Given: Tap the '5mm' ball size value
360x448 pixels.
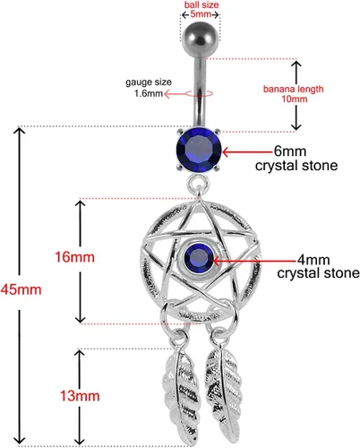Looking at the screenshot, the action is click(201, 14).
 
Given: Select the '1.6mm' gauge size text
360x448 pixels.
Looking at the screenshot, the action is click(149, 93).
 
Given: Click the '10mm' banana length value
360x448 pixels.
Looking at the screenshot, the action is click(295, 99).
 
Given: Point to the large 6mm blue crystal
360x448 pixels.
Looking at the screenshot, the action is click(199, 151).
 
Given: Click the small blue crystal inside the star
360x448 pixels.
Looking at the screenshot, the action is click(199, 258).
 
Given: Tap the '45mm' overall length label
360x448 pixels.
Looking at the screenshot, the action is click(21, 289).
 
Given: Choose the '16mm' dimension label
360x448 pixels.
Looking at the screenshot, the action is click(74, 257).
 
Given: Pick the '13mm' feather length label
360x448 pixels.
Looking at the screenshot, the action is click(80, 396).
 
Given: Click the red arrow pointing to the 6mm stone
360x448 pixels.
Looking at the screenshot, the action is click(248, 151).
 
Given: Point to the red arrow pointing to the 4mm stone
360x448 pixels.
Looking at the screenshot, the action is click(254, 261).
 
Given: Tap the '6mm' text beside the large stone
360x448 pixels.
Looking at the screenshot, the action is click(290, 151).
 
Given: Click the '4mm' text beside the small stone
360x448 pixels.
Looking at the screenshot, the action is click(313, 260).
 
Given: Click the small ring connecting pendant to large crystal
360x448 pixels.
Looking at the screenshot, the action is click(198, 178).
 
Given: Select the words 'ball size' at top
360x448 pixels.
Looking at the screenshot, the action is click(201, 5).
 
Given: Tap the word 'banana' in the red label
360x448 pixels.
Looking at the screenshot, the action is click(279, 89).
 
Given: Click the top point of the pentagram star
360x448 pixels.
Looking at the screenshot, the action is click(198, 203).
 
